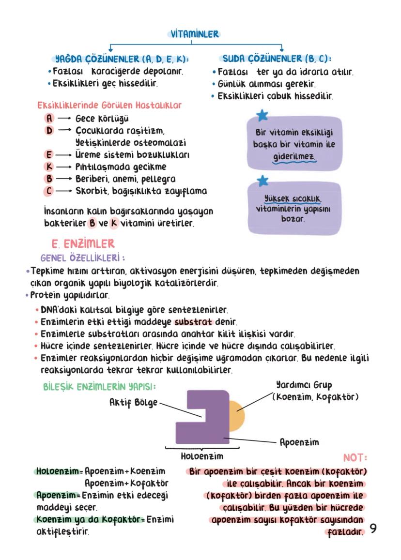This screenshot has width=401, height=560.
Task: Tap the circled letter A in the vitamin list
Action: pyautogui.click(x=49, y=119)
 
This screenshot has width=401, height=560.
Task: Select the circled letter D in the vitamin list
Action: pyautogui.click(x=49, y=131)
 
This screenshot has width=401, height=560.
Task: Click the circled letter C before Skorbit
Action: pyautogui.click(x=49, y=191)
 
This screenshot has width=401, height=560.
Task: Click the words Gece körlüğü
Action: pyautogui.click(x=102, y=119)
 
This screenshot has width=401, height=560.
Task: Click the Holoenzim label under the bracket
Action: pyautogui.click(x=202, y=456)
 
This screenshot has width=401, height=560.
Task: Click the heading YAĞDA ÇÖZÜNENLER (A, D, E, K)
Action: pyautogui.click(x=121, y=59)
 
